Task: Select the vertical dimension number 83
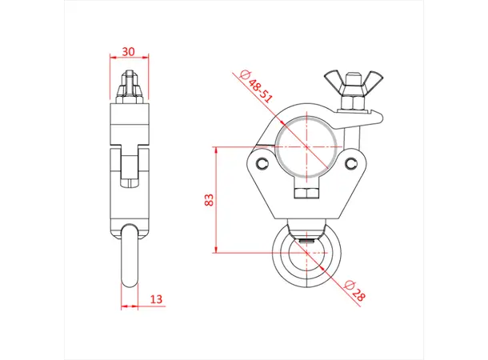click(209, 200)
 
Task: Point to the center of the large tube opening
click(307, 147)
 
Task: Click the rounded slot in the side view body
click(128, 168)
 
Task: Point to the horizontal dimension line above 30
click(126, 58)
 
